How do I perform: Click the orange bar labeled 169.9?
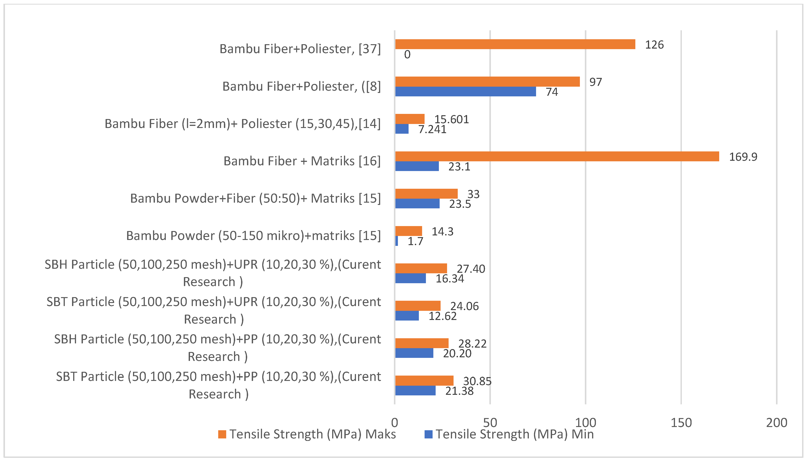pyautogui.click(x=557, y=156)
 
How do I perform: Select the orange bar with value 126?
pyautogui.click(x=515, y=44)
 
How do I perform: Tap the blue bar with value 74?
pyautogui.click(x=465, y=92)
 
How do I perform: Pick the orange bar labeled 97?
pyautogui.click(x=487, y=82)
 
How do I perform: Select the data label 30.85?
pyautogui.click(x=477, y=381)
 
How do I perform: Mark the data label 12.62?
pyautogui.click(x=442, y=316)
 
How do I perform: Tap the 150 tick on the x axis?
pyautogui.click(x=681, y=423)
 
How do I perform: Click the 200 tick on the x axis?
pyautogui.click(x=777, y=423)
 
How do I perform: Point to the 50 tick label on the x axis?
pyautogui.click(x=490, y=423)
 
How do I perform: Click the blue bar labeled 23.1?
pyautogui.click(x=417, y=166)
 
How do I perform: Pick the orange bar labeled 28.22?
pyautogui.click(x=422, y=343)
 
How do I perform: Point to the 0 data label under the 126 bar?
pyautogui.click(x=407, y=55)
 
